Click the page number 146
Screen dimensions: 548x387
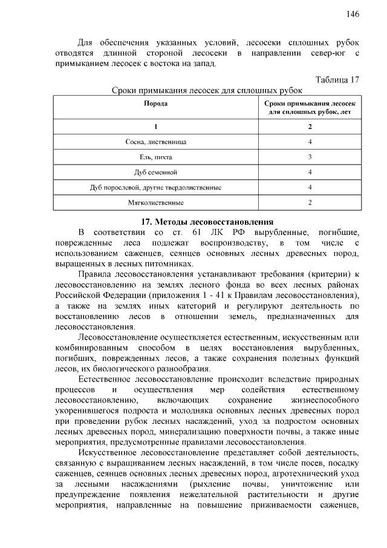(x=353, y=14)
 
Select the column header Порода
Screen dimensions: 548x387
(x=155, y=104)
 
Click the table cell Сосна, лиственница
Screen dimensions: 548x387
(x=155, y=142)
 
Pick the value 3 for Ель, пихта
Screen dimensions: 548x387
(x=310, y=157)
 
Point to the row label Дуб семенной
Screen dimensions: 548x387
(x=155, y=172)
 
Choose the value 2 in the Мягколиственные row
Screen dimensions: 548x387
(x=310, y=202)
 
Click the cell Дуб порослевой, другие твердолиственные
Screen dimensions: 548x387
(x=155, y=187)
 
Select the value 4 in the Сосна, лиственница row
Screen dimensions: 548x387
(x=310, y=142)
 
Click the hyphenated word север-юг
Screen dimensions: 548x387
(x=326, y=54)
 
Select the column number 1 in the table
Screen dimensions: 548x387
(x=155, y=127)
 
